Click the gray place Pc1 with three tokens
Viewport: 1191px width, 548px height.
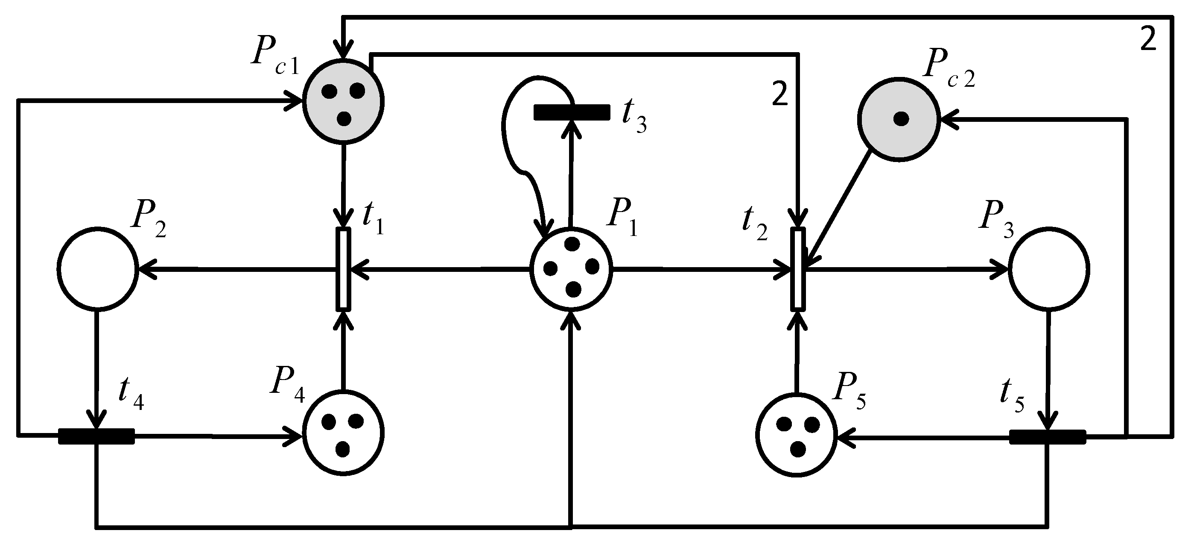pyautogui.click(x=343, y=102)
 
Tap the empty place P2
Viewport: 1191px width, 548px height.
pyautogui.click(x=98, y=268)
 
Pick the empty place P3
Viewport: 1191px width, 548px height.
pyautogui.click(x=1048, y=268)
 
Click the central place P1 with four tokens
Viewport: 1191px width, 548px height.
pyautogui.click(x=572, y=268)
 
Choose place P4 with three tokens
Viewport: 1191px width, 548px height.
pyautogui.click(x=343, y=433)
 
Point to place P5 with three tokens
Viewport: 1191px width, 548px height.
pyautogui.click(x=797, y=434)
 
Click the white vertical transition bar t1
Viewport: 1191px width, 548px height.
pyautogui.click(x=343, y=268)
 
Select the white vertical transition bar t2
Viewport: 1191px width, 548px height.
pyautogui.click(x=797, y=268)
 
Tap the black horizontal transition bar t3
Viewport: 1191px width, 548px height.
pyautogui.click(x=572, y=112)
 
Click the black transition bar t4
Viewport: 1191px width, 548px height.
pyautogui.click(x=96, y=436)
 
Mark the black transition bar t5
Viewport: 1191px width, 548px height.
pyautogui.click(x=1047, y=437)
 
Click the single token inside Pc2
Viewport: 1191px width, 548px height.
pyautogui.click(x=900, y=119)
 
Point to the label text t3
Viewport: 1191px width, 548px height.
pyautogui.click(x=634, y=118)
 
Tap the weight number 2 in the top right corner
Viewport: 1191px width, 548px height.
pyautogui.click(x=1148, y=40)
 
